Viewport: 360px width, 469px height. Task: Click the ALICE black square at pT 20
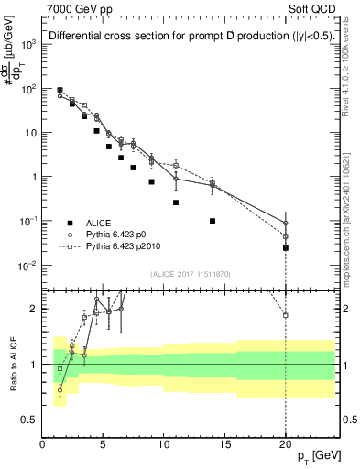click(x=286, y=248)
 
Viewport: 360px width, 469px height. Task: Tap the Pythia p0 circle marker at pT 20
click(x=286, y=223)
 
